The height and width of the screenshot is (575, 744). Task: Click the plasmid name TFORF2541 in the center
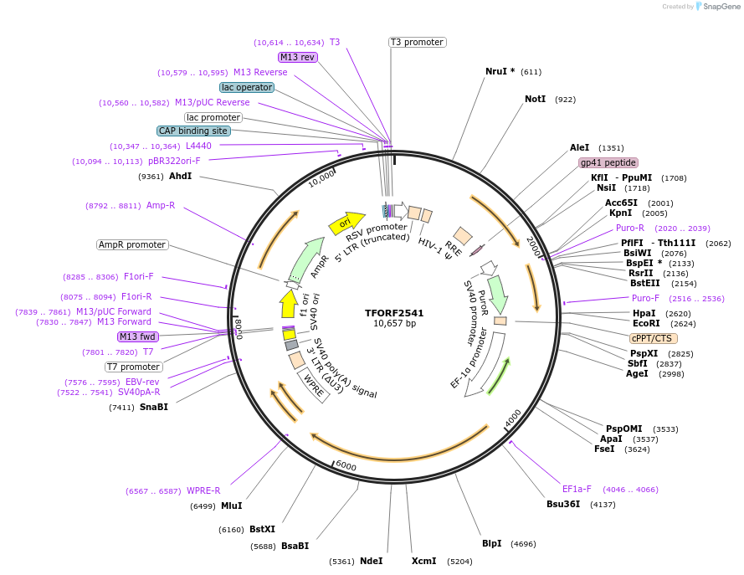point(394,313)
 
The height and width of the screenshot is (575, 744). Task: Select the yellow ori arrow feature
point(346,223)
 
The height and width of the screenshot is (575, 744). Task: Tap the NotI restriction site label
point(536,99)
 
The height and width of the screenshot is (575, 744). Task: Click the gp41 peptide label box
point(608,162)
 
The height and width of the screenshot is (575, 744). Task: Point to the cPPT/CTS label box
point(654,338)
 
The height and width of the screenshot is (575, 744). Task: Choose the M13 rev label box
point(297,57)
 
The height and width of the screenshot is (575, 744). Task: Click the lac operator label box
point(247,87)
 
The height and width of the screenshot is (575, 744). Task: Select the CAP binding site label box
point(193,131)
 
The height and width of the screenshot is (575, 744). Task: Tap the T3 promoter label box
point(418,42)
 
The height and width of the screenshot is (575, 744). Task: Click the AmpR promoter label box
point(132,244)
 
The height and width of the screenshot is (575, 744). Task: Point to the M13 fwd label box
point(137,336)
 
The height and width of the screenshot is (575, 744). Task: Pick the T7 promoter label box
point(134,367)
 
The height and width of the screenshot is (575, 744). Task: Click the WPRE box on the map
point(313,385)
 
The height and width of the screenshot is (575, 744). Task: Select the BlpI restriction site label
point(491,543)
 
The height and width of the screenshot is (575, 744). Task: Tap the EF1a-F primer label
point(577,489)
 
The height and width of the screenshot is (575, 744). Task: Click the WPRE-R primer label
point(203,490)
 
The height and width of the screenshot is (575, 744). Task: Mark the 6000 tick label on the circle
point(346,466)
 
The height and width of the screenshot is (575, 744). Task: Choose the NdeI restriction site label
point(371,561)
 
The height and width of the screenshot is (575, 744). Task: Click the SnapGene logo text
point(721,6)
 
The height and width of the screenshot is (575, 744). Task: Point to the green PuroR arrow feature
point(498,294)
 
